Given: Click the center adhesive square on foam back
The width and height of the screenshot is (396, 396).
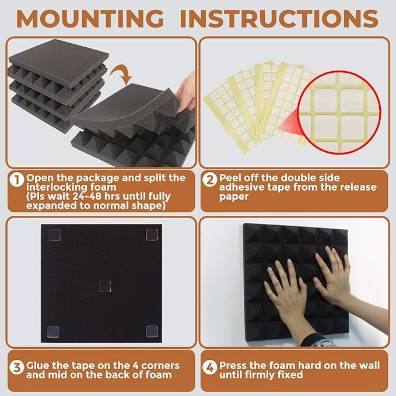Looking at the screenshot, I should click(x=104, y=285).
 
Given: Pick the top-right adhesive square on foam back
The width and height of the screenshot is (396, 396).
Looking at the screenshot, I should click(x=153, y=234).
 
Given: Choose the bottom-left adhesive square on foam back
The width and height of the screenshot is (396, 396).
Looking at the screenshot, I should click(x=51, y=331).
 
